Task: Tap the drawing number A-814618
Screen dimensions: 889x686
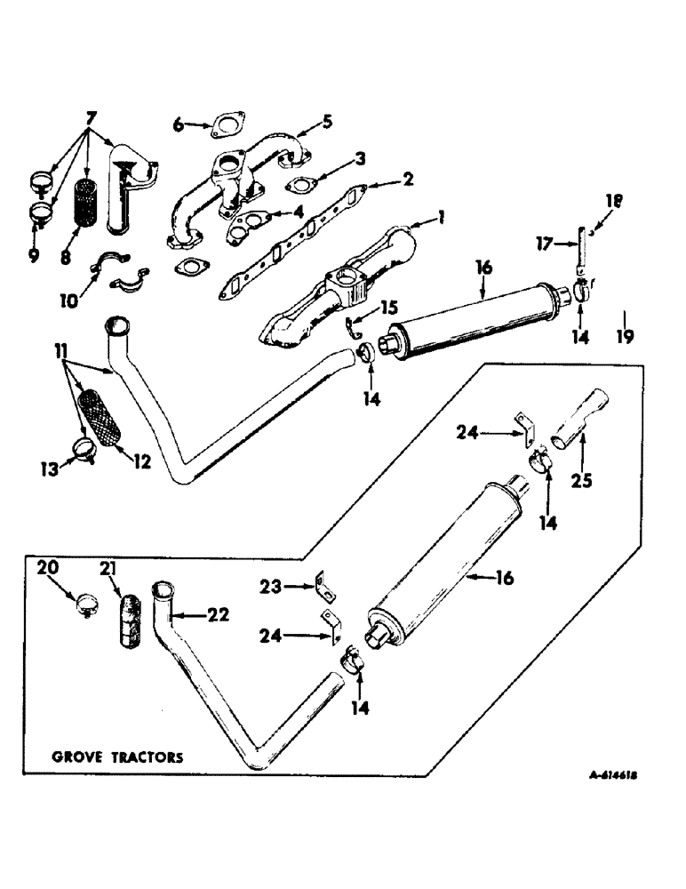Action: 614,775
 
